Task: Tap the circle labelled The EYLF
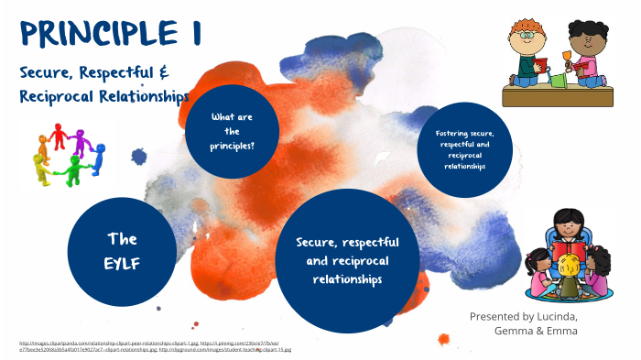(122, 249)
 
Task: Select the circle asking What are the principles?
(232, 132)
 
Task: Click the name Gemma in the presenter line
(514, 331)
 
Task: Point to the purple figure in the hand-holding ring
(81, 139)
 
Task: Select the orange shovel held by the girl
(575, 62)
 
